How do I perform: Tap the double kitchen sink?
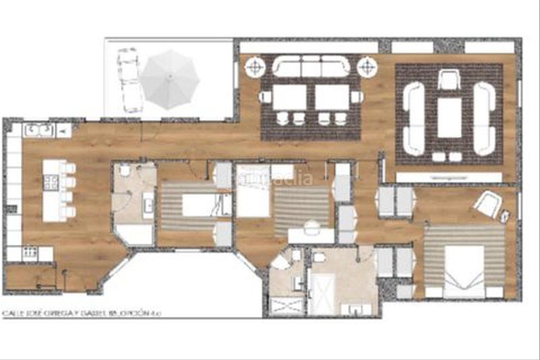[38, 130]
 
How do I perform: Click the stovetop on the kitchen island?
[50, 181]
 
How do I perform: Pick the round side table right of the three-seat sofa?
[367, 67]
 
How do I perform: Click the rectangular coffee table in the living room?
[449, 118]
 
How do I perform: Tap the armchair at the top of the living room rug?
[448, 80]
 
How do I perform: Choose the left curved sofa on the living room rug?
[413, 118]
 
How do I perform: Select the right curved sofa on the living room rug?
[484, 118]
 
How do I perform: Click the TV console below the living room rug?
[449, 177]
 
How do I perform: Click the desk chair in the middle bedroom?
[312, 228]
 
